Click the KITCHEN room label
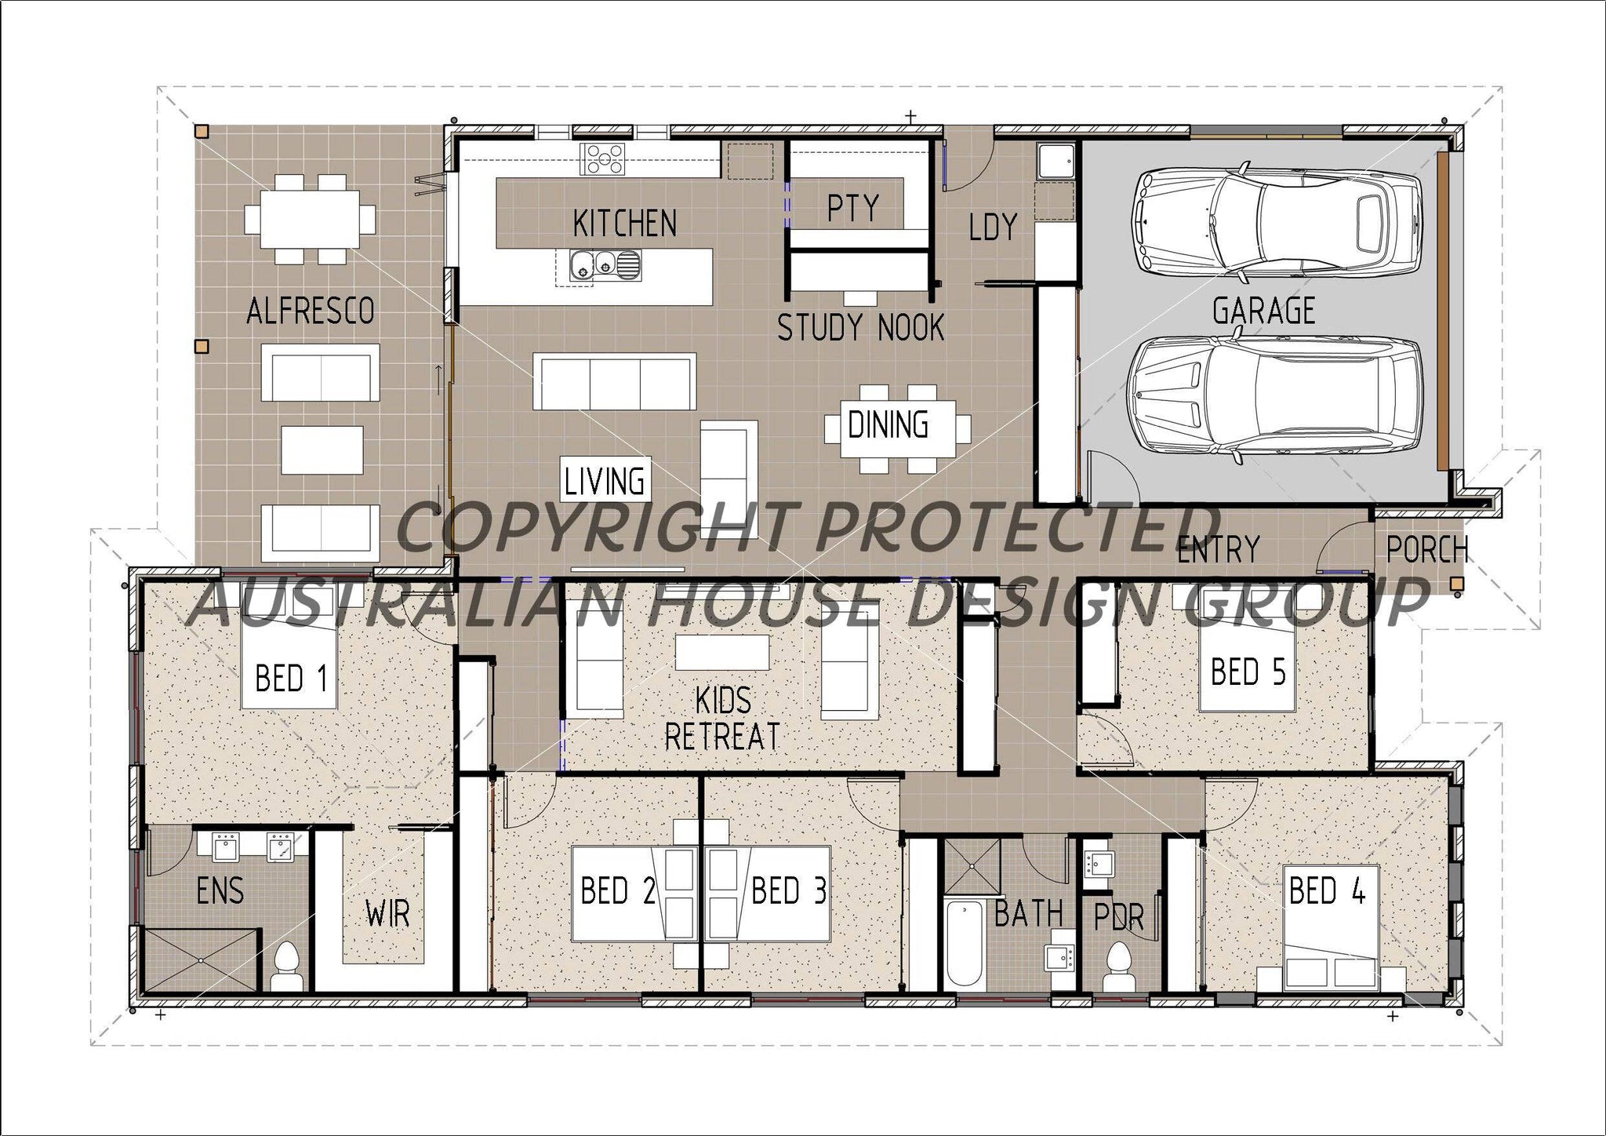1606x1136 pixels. click(x=624, y=224)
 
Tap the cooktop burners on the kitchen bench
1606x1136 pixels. click(x=602, y=158)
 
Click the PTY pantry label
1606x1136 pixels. click(x=853, y=208)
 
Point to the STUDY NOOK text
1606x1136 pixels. click(x=860, y=327)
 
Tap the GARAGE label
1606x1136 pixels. click(x=1263, y=311)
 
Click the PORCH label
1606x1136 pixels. click(x=1426, y=550)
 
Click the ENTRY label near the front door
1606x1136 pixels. click(x=1218, y=549)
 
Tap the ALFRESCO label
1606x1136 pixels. click(x=310, y=311)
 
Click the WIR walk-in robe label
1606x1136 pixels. click(x=387, y=914)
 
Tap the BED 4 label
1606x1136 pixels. click(x=1327, y=891)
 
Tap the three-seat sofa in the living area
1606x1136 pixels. click(x=614, y=381)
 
